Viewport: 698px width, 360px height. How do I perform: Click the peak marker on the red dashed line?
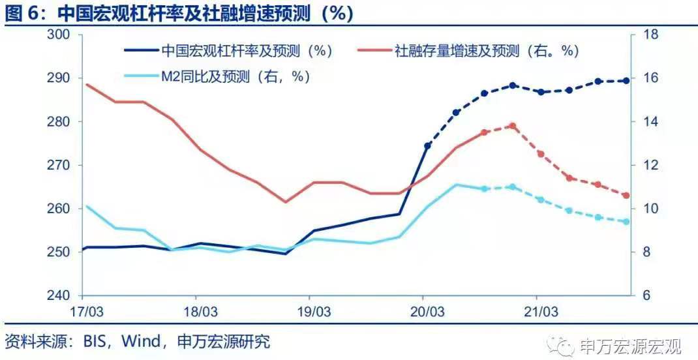click(512, 126)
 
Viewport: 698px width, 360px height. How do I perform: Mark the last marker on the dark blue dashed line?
click(626, 81)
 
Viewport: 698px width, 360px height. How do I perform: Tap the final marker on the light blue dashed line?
click(626, 222)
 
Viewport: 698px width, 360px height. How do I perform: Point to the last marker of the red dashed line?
click(626, 196)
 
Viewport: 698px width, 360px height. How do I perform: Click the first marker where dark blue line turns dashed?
click(427, 146)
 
